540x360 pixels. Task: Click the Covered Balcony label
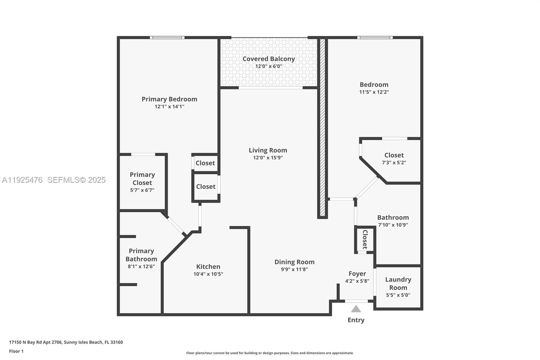(x=269, y=59)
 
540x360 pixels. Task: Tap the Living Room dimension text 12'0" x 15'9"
(x=268, y=158)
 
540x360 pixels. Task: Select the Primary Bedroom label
(x=169, y=99)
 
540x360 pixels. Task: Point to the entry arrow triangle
(x=356, y=309)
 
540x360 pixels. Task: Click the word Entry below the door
(x=356, y=320)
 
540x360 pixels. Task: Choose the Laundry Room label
(x=398, y=283)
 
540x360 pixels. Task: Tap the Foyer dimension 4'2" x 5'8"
(x=357, y=281)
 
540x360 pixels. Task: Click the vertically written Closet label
(x=365, y=239)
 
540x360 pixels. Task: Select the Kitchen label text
(x=208, y=266)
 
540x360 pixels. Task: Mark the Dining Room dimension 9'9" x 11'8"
(x=294, y=269)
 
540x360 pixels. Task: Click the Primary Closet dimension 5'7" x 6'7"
(x=142, y=190)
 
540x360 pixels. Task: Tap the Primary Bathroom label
(x=141, y=255)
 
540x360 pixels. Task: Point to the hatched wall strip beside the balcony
(x=322, y=128)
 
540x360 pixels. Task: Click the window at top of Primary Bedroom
(x=167, y=37)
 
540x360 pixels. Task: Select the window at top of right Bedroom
(x=375, y=37)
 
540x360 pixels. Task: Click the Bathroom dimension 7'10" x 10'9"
(x=393, y=225)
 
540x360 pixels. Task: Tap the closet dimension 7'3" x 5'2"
(x=394, y=162)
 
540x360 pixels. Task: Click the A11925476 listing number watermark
(x=22, y=180)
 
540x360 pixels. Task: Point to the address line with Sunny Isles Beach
(x=66, y=342)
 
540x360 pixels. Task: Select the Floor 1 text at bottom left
(x=16, y=351)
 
